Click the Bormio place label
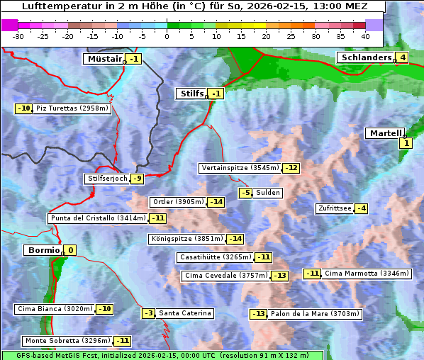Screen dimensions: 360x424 [x=43, y=250]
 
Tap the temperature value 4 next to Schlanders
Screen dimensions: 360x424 [x=402, y=57]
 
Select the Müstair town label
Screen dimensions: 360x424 [x=104, y=59]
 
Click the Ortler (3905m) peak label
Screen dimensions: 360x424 [x=178, y=202]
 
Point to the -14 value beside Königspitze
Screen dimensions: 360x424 [x=235, y=239]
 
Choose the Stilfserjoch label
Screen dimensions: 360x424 [x=107, y=179]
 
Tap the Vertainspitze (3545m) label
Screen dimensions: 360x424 [x=240, y=168]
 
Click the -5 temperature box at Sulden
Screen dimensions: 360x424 [x=245, y=193]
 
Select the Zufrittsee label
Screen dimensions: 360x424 [x=334, y=208]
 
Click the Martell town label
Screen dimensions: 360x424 [x=384, y=133]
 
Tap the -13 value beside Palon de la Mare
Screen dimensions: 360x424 [x=258, y=314]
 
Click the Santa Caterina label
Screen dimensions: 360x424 [x=184, y=313]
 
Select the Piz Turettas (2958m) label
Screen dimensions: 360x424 [x=72, y=108]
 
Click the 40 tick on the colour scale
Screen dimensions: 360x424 [x=365, y=36]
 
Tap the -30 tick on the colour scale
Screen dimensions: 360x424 [x=18, y=36]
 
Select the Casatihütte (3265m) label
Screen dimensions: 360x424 [x=216, y=257]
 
